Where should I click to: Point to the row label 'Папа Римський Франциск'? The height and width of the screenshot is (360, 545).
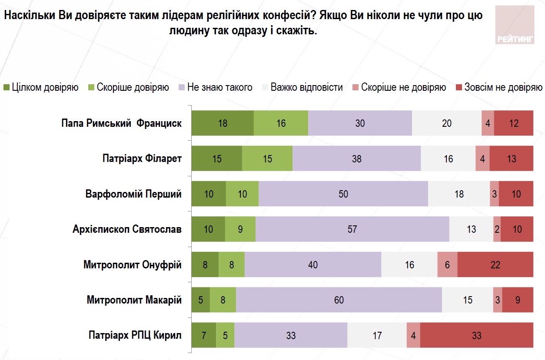(121, 123)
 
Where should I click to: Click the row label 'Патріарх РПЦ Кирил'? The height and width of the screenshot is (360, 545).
(135, 335)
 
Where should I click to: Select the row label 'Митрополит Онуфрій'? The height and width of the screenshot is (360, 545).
(132, 264)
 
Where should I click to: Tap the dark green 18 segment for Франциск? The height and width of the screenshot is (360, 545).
(223, 123)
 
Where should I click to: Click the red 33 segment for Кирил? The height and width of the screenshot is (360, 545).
(476, 335)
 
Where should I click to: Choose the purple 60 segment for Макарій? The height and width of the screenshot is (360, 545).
(339, 300)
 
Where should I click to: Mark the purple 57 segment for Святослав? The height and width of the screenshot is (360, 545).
(352, 229)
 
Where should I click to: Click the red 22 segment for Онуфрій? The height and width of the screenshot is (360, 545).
(495, 264)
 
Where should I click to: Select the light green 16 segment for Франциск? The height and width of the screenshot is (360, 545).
(281, 123)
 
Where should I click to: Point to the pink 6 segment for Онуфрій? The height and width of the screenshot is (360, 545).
(447, 264)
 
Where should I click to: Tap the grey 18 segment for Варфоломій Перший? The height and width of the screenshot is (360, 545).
(459, 194)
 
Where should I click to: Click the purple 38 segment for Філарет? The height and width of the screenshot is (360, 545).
(356, 159)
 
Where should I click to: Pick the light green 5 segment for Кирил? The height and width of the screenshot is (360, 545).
(225, 335)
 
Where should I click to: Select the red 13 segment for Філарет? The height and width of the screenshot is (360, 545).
(511, 159)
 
